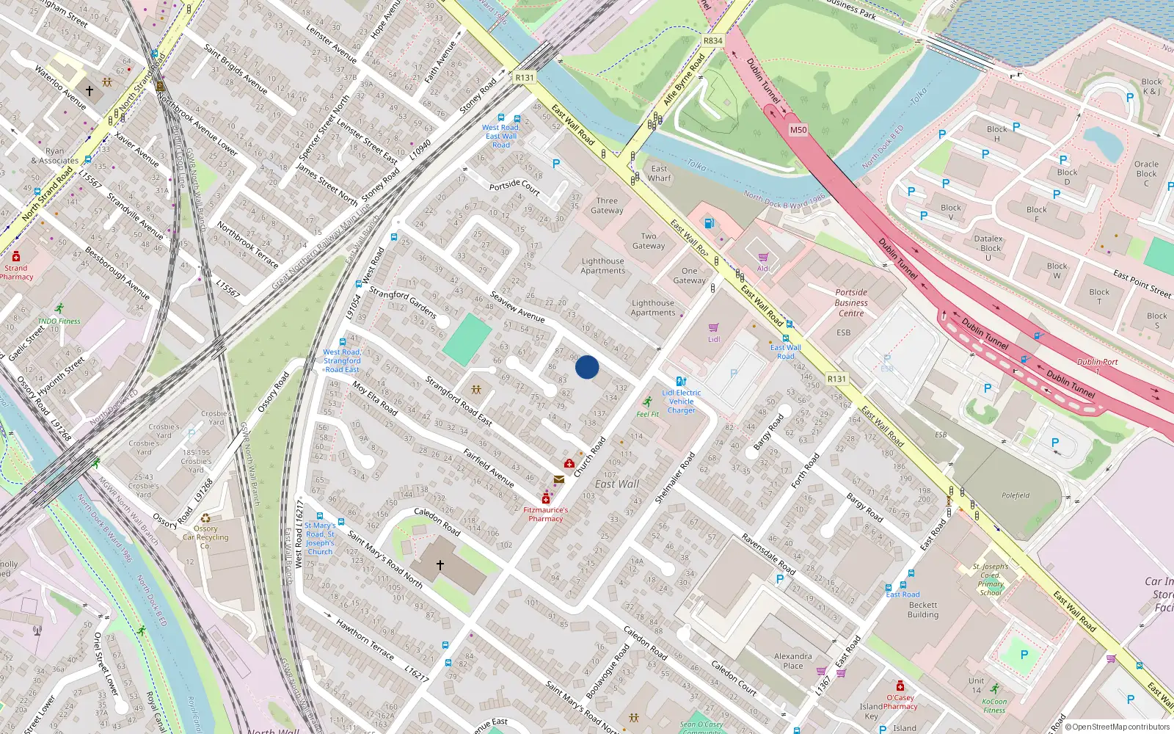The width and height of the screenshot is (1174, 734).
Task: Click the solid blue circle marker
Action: (x=587, y=367)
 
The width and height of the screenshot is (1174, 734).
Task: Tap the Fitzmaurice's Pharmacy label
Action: (x=546, y=514)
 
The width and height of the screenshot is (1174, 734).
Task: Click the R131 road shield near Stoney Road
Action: (x=525, y=77)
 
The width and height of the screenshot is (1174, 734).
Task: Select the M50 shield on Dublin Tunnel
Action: (x=798, y=130)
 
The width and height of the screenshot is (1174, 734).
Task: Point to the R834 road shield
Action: (x=712, y=41)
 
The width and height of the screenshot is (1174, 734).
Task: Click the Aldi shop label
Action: (x=763, y=269)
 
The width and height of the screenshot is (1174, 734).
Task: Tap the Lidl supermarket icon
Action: (x=713, y=328)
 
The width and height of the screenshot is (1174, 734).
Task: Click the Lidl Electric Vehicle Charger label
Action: (x=681, y=401)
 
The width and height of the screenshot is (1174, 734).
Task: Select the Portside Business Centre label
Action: (x=851, y=302)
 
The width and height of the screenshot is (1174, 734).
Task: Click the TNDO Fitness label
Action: (x=59, y=321)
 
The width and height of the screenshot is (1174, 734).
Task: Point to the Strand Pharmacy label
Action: (x=15, y=272)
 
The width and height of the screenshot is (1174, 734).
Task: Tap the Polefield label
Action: (x=1016, y=495)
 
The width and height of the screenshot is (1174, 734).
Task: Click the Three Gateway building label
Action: (x=607, y=206)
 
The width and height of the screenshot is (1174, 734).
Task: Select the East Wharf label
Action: (x=659, y=173)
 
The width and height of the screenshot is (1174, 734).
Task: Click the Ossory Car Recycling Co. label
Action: (x=205, y=537)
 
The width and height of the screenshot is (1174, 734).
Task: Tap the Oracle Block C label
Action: (x=1146, y=173)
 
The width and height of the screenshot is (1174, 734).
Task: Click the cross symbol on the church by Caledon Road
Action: (x=440, y=564)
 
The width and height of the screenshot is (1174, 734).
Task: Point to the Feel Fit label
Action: (x=647, y=414)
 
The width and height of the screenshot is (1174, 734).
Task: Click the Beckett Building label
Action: (x=923, y=610)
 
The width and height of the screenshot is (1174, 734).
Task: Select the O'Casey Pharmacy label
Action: (x=900, y=702)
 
